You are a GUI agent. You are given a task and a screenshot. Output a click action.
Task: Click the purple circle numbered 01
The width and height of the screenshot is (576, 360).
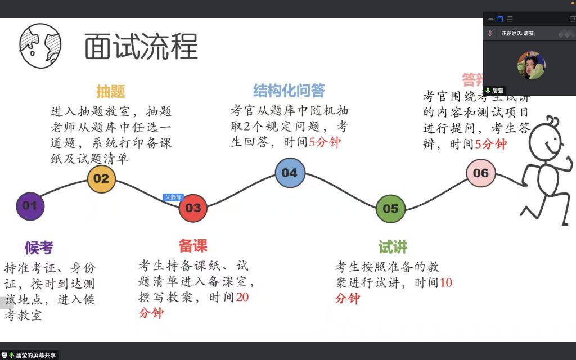pyautogui.click(x=30, y=206)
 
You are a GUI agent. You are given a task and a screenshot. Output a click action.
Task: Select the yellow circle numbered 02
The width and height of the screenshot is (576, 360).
pyautogui.click(x=101, y=179)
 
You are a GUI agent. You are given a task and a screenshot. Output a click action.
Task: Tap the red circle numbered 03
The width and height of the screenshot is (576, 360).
pyautogui.click(x=193, y=208)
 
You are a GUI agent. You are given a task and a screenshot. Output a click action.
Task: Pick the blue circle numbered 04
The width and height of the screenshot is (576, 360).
pyautogui.click(x=290, y=173)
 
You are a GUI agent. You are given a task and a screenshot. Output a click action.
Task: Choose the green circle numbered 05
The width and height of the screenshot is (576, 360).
pyautogui.click(x=390, y=209)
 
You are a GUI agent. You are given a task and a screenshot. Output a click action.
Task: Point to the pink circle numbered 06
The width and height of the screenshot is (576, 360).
pyautogui.click(x=481, y=173)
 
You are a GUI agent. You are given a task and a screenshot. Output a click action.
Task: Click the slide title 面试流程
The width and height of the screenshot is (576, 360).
pyautogui.click(x=141, y=46)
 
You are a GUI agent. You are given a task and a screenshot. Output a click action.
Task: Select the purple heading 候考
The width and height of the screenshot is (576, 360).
pyautogui.click(x=39, y=247)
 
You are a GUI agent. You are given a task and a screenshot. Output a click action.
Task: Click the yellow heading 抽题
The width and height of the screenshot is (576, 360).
pyautogui.click(x=110, y=91)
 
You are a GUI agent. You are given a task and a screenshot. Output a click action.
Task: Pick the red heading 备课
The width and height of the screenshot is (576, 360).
pyautogui.click(x=193, y=246)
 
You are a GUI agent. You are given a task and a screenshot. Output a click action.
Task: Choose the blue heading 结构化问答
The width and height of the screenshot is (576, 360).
pyautogui.click(x=289, y=91)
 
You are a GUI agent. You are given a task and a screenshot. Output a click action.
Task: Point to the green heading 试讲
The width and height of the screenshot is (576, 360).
pyautogui.click(x=393, y=247)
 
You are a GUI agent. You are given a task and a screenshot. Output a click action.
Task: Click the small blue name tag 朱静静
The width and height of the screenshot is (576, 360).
pyautogui.click(x=173, y=197)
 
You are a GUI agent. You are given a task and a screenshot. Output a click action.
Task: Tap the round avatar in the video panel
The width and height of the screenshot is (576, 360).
pyautogui.click(x=531, y=65)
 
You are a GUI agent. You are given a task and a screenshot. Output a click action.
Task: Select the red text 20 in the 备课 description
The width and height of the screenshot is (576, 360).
pyautogui.click(x=242, y=297)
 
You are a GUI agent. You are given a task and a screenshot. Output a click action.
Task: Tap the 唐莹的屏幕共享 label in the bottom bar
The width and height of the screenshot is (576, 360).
pyautogui.click(x=35, y=355)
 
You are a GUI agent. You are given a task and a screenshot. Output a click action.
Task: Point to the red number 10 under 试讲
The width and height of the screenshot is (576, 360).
pyautogui.click(x=445, y=282)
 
